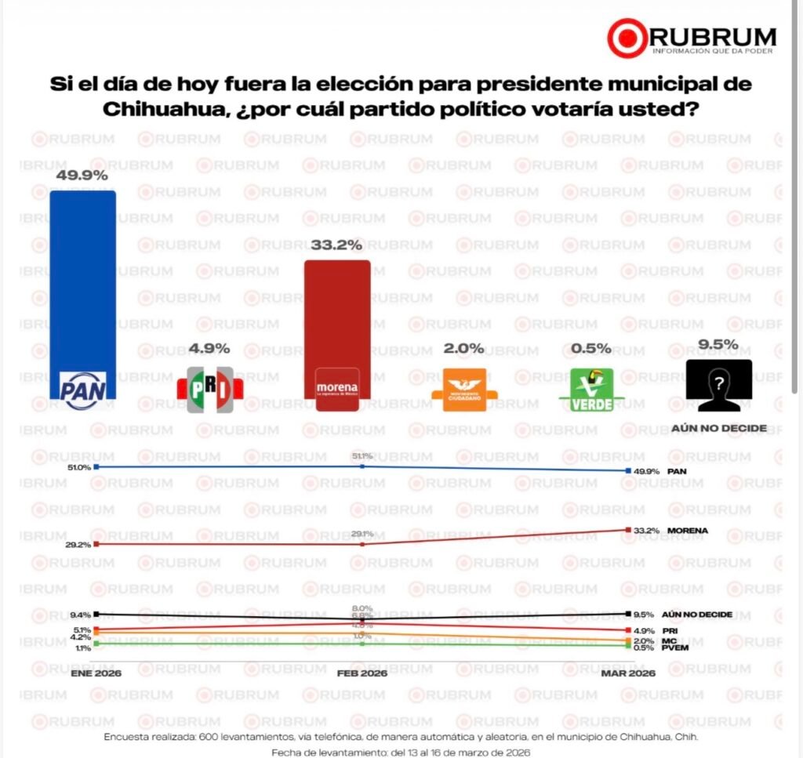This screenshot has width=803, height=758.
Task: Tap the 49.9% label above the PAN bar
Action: pyautogui.click(x=82, y=176)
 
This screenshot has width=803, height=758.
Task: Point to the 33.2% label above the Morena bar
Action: pyautogui.click(x=336, y=245)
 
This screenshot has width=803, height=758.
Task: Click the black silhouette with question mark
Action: pyautogui.click(x=718, y=385)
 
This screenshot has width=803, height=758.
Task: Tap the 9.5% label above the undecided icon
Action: pyautogui.click(x=718, y=343)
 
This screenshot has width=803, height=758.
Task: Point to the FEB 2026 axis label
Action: pyautogui.click(x=362, y=673)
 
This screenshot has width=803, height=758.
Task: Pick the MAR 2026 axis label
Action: pyautogui.click(x=628, y=673)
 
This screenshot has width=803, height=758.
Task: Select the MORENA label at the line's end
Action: pyautogui.click(x=688, y=531)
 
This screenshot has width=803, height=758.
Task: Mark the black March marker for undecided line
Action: pyautogui.click(x=627, y=614)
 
